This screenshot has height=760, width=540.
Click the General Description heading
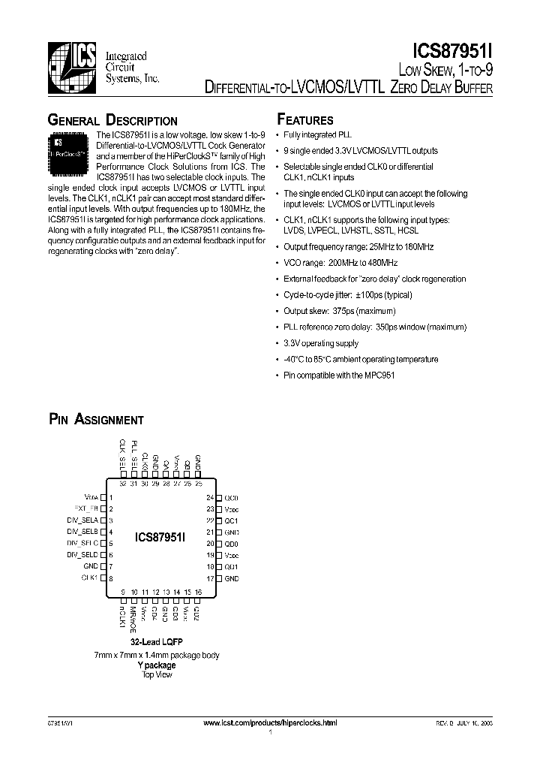pyautogui.click(x=112, y=121)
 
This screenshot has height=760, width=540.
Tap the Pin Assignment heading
pyautogui.click(x=96, y=420)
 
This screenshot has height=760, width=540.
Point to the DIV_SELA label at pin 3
pyautogui.click(x=83, y=520)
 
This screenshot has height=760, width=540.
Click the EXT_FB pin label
pyautogui.click(x=86, y=508)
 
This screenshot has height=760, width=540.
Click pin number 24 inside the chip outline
pyautogui.click(x=210, y=498)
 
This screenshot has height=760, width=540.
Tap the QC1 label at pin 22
pyautogui.click(x=232, y=520)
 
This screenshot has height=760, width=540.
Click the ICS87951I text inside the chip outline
pyautogui.click(x=160, y=537)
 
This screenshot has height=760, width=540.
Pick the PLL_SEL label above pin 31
pyautogui.click(x=134, y=452)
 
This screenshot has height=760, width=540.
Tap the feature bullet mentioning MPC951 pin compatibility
pyautogui.click(x=339, y=375)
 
